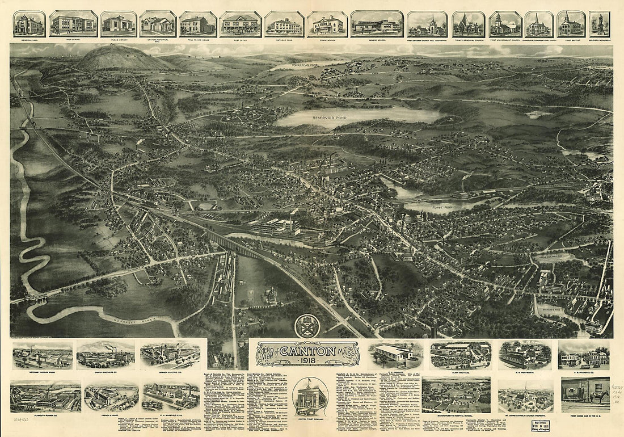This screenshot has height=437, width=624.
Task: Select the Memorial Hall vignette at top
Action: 29,24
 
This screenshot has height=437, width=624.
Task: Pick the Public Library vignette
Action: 119,24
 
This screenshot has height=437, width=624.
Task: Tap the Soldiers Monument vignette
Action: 600,24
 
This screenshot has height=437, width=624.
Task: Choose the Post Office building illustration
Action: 240,24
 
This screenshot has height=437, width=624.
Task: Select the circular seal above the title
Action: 307,326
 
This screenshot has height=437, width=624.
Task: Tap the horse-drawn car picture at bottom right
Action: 585,394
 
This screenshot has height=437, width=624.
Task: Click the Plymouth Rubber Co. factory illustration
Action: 45,396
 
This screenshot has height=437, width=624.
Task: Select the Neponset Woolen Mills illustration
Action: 43,356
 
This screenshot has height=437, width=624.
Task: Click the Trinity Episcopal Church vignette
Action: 469,24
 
